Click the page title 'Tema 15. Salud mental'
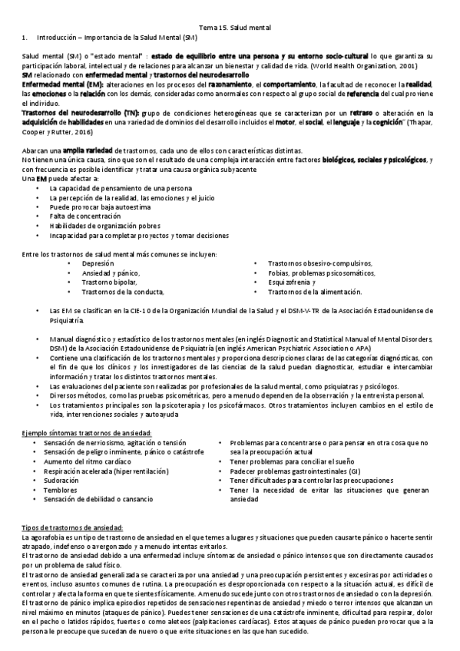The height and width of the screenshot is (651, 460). (x=230, y=27)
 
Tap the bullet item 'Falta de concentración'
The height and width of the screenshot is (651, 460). (x=81, y=217)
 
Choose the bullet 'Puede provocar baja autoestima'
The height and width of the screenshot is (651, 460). (x=98, y=207)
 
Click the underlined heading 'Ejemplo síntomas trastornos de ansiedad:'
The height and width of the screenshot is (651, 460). (x=87, y=434)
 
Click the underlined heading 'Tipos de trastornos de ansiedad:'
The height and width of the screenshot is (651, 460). (x=72, y=551)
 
